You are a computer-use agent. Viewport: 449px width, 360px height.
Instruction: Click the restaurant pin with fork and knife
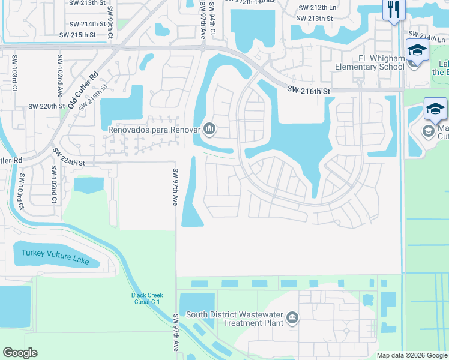coord(394,10)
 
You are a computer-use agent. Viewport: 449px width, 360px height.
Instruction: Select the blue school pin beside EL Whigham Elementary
coord(417,52)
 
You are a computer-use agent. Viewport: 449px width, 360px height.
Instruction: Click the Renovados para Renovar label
coord(154,129)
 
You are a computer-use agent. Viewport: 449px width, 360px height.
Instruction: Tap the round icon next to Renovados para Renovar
coord(210,128)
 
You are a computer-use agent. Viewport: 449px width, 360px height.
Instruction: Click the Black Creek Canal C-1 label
coord(148,298)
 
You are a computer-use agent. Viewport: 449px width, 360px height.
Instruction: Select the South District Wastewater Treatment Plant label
coord(235,318)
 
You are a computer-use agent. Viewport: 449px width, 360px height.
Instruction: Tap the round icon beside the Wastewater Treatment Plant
coord(292,317)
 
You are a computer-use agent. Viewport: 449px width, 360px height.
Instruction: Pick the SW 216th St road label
coord(309,90)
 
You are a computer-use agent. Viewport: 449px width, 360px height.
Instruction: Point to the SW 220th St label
coord(46,106)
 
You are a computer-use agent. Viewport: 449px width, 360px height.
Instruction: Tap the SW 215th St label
coord(77,35)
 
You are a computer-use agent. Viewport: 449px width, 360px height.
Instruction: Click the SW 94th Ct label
coord(212,17)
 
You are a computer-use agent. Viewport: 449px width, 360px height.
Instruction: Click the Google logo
coord(20,352)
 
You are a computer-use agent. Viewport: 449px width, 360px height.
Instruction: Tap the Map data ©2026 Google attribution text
coord(412,355)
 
